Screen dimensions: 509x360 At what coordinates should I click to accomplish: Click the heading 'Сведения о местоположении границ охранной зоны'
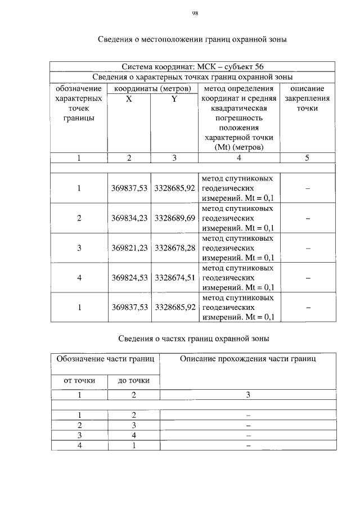click(x=193, y=40)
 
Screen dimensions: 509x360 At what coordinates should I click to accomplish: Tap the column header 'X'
click(x=129, y=98)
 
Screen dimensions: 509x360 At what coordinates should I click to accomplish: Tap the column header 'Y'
click(x=174, y=98)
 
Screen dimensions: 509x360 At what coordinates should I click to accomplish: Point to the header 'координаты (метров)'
click(x=152, y=88)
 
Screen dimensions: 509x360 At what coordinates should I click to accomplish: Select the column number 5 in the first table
click(x=307, y=158)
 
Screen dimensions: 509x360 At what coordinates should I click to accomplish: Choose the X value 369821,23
click(x=129, y=247)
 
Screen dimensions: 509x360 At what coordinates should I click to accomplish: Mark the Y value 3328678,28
click(x=175, y=247)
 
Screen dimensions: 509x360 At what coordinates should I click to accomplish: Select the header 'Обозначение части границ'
click(x=105, y=358)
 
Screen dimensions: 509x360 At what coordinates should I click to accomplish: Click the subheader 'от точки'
click(x=79, y=381)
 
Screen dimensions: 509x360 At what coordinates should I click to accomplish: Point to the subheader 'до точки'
click(x=133, y=381)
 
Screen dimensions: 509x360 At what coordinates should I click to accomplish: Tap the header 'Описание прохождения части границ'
click(x=247, y=358)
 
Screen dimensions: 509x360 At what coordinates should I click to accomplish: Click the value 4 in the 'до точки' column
click(x=133, y=435)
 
